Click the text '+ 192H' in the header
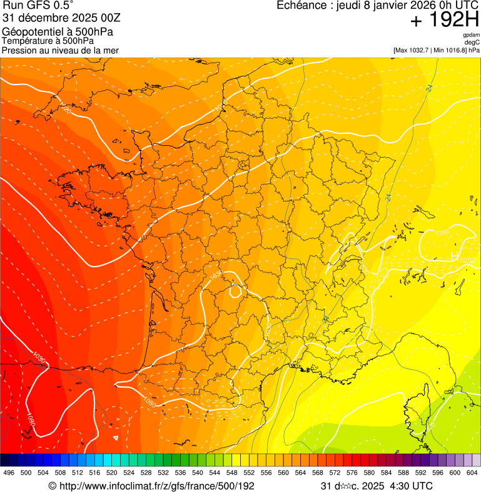click(x=444, y=20)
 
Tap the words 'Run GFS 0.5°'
click(x=38, y=5)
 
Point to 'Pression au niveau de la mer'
click(x=60, y=50)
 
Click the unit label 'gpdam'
click(x=471, y=35)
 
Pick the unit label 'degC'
click(x=472, y=42)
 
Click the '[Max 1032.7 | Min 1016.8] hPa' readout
click(x=436, y=49)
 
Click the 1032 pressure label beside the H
click(x=468, y=260)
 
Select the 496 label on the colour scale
click(x=9, y=473)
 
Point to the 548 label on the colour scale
click(x=232, y=473)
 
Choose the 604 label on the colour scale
click(x=472, y=473)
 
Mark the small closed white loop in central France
click(x=236, y=290)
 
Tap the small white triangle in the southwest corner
click(x=115, y=438)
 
